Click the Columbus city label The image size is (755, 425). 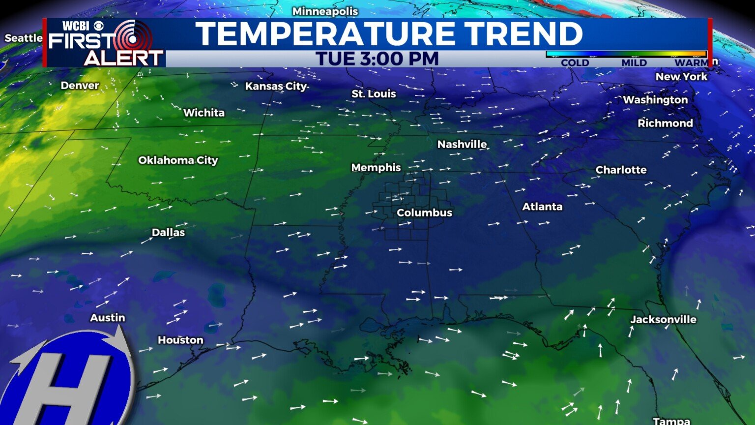[x=424, y=212]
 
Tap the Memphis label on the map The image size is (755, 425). [x=376, y=168]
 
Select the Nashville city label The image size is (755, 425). [x=462, y=144]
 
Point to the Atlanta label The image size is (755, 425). [x=542, y=207]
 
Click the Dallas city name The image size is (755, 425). [x=168, y=232]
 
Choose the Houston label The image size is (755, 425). [x=180, y=340]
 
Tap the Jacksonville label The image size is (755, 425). [x=663, y=319]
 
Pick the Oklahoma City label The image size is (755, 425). [x=178, y=160]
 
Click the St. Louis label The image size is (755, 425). [x=374, y=93]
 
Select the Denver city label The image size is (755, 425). [x=80, y=86]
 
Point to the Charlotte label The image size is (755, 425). [x=621, y=170]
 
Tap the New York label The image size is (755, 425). [x=681, y=77]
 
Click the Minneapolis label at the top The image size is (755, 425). [x=325, y=11]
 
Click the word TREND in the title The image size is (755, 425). [x=523, y=34]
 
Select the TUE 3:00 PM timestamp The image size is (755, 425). [x=377, y=59]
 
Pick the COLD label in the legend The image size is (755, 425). [x=575, y=63]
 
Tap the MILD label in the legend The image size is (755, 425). [x=634, y=63]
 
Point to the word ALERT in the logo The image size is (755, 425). [x=123, y=58]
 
